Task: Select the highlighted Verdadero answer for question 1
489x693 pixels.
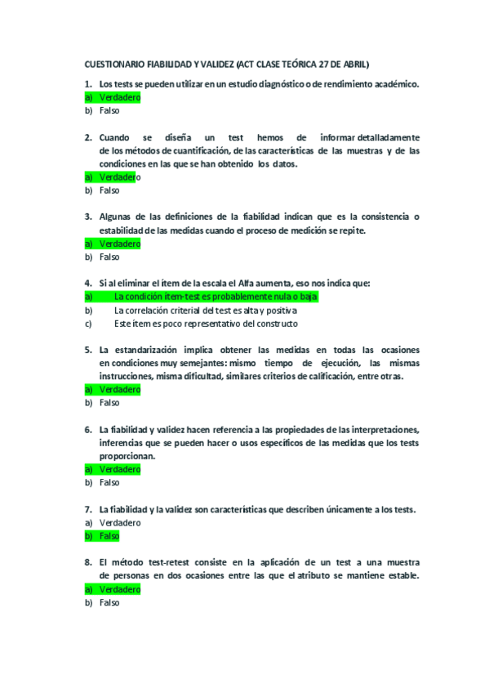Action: (119, 97)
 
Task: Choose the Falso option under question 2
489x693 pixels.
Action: (109, 190)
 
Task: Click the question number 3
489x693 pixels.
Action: (87, 217)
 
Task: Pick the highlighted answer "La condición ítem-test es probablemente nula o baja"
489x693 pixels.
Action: (216, 297)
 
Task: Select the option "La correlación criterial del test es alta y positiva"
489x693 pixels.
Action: (206, 311)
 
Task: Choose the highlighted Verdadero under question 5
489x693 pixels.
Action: (119, 389)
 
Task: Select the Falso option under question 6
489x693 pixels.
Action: (109, 482)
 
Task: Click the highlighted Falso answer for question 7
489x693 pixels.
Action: (109, 536)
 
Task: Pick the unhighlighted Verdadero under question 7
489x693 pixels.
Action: (119, 522)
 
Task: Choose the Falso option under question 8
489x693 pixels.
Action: (109, 602)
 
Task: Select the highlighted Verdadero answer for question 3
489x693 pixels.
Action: (119, 244)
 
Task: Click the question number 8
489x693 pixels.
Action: (87, 562)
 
